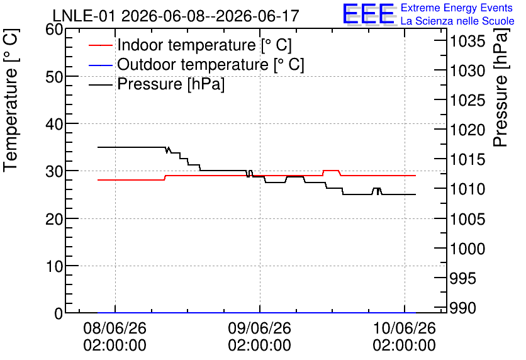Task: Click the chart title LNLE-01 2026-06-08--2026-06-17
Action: pos(176,16)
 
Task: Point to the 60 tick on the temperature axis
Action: pos(54,29)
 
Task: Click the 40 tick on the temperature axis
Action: pos(54,124)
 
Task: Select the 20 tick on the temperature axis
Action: pos(54,219)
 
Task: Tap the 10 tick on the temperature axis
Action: pos(54,266)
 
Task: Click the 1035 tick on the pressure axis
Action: pos(467,42)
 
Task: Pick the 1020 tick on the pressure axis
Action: pos(467,130)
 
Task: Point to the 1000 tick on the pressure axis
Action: pos(467,249)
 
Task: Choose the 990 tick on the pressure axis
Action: pos(462,308)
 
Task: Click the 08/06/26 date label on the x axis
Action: pos(115,328)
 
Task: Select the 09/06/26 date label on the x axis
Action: pos(260,328)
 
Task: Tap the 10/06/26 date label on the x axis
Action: pos(404,328)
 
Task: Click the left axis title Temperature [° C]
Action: pos(11,100)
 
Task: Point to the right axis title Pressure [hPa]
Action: pos(500,87)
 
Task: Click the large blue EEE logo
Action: pos(368,14)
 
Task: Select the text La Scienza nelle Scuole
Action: pos(457,21)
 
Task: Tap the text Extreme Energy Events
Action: pos(457,8)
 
